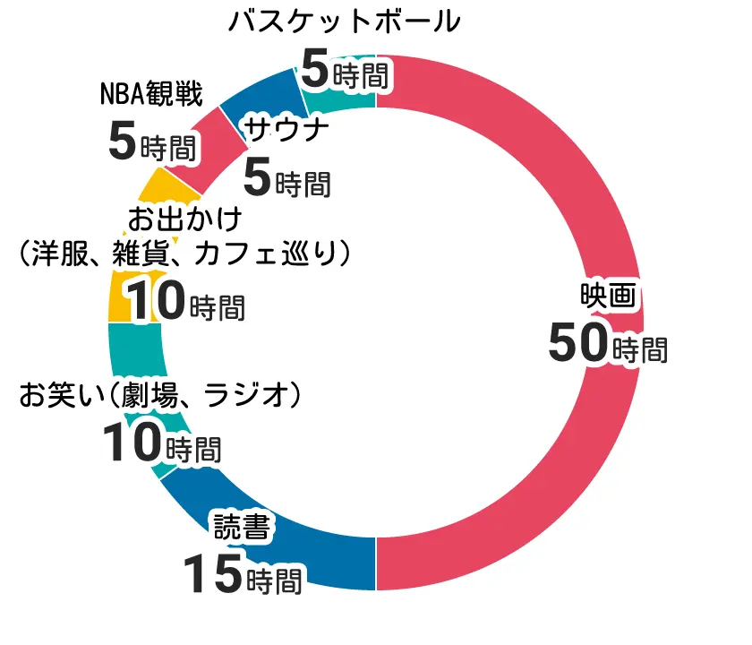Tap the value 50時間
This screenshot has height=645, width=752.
tap(608, 345)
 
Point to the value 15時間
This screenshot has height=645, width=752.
tap(243, 574)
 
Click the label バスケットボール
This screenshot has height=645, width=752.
tap(345, 21)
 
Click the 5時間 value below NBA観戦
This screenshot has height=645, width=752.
tap(151, 143)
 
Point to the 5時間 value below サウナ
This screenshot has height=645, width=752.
tap(287, 180)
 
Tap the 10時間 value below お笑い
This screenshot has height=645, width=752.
tap(161, 444)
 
